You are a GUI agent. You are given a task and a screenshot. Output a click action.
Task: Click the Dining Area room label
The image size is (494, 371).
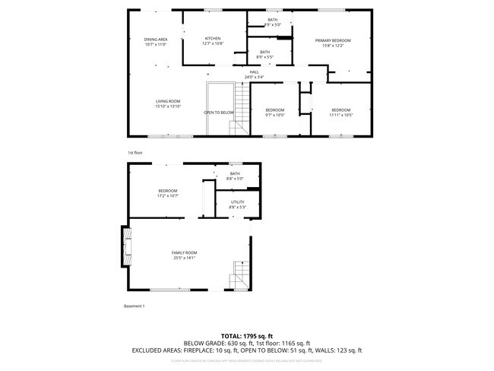156,40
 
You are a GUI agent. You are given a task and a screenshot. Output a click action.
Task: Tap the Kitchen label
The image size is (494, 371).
212,39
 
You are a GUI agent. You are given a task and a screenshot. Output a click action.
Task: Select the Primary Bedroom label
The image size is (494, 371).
333,40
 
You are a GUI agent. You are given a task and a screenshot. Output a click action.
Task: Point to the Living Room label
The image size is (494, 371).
168,101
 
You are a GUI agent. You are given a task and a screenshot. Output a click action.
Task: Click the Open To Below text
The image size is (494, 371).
218,113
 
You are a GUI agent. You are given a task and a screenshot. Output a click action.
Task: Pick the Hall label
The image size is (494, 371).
255,71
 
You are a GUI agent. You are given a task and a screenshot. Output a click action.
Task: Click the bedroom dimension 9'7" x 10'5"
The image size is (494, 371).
275,115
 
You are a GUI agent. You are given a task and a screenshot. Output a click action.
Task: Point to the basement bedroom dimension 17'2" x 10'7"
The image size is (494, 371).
167,195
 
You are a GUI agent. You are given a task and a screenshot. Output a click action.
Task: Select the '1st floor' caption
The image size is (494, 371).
135,153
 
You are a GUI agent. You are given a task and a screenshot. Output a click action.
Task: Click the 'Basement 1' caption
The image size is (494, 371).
134,306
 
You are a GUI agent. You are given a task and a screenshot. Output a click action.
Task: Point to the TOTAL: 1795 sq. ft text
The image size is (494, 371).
247,335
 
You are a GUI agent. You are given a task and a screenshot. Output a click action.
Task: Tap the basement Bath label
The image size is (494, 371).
234,173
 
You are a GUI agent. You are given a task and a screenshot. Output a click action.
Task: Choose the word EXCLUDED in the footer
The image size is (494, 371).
148,350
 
